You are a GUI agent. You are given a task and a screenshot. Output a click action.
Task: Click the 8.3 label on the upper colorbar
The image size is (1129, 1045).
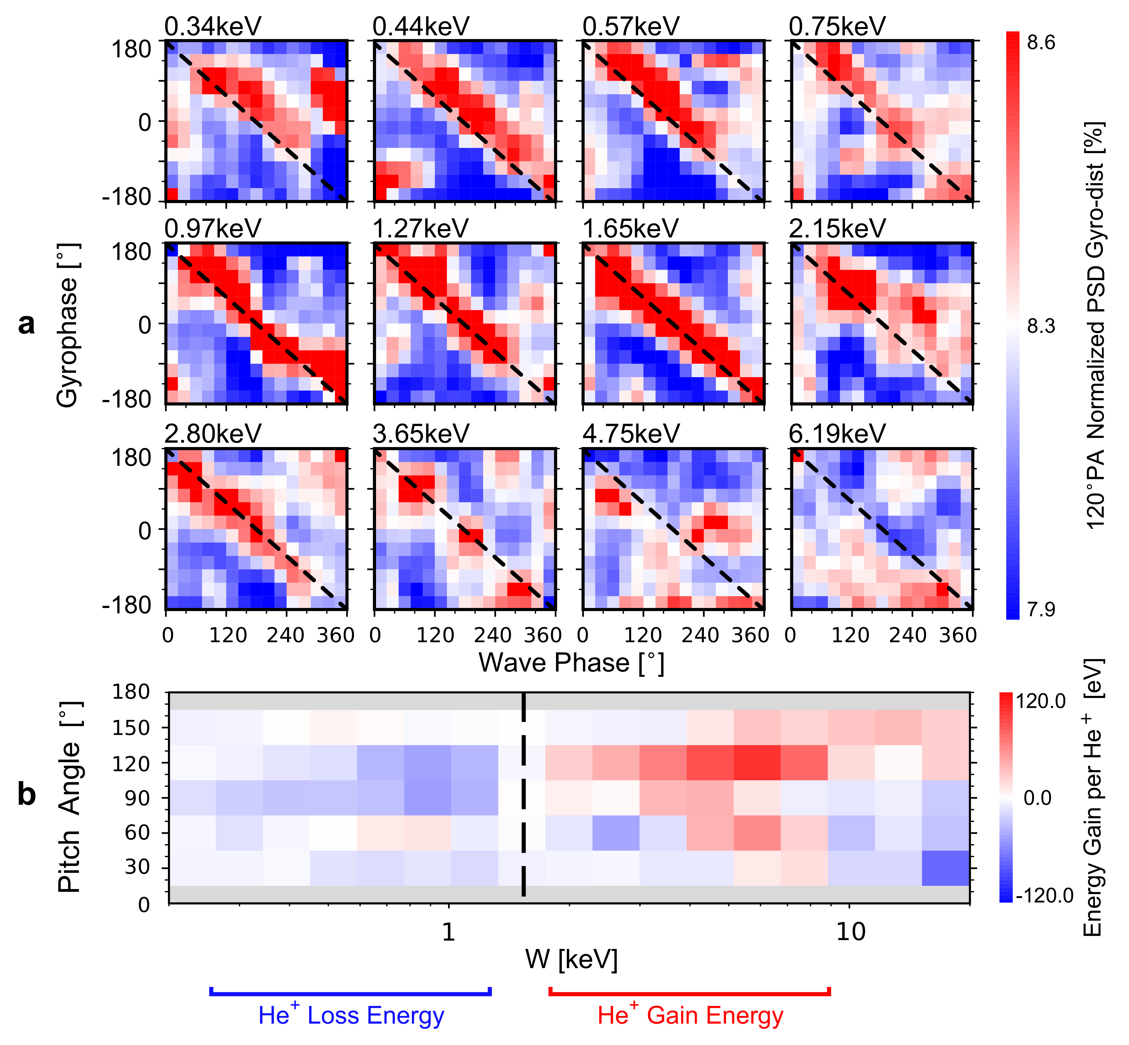tap(1041, 326)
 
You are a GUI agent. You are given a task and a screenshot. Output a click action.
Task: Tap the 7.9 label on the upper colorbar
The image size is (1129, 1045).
tap(1041, 610)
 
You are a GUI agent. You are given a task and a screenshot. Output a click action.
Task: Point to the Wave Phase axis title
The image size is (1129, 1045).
tap(571, 663)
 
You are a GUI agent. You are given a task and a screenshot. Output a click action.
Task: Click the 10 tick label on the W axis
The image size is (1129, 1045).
tap(850, 931)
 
